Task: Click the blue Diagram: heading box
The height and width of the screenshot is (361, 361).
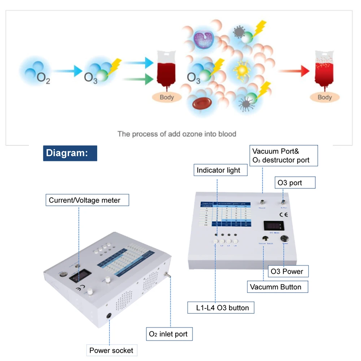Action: [70, 153]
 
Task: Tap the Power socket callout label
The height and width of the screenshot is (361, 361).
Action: [111, 350]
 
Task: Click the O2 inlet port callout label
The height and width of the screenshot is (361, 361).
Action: [168, 334]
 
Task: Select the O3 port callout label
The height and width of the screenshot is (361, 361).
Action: [295, 183]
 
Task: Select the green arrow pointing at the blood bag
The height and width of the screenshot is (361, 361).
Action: [136, 79]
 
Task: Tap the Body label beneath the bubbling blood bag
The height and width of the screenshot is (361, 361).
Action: [325, 97]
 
